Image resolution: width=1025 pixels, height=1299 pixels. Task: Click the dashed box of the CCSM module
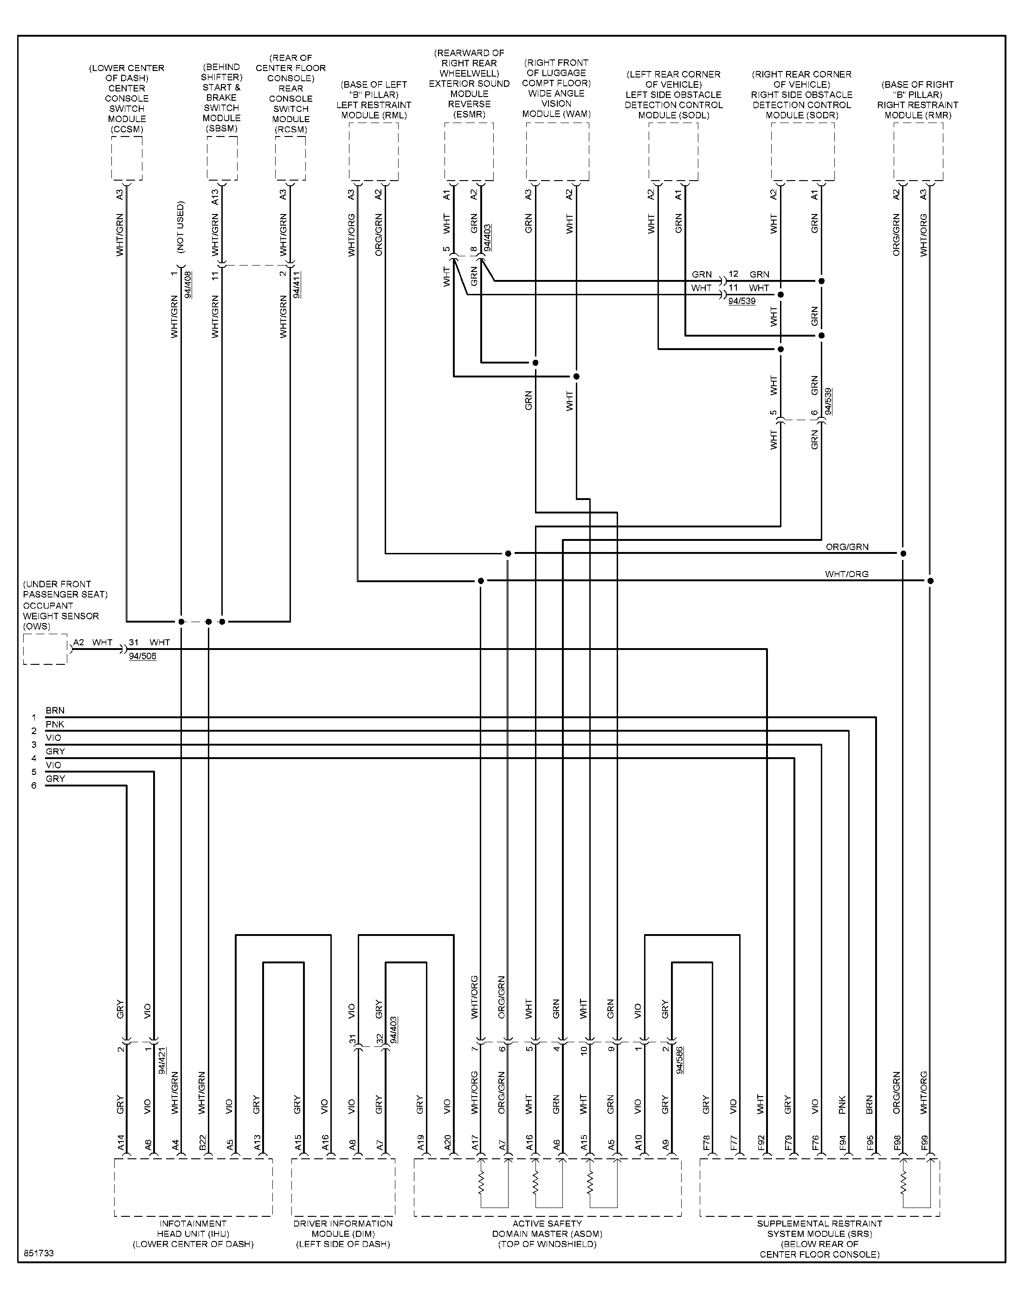(x=127, y=137)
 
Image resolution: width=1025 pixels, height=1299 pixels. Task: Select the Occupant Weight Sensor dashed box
(x=45, y=635)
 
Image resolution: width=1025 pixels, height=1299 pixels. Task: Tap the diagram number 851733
(x=39, y=1254)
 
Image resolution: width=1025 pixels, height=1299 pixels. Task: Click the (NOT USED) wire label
(x=181, y=227)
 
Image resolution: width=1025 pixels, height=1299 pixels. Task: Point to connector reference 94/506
(x=143, y=656)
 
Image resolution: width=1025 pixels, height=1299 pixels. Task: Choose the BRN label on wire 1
(x=55, y=711)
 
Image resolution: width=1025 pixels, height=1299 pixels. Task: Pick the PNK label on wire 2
(x=55, y=725)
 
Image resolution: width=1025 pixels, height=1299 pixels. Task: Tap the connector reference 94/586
(x=679, y=1060)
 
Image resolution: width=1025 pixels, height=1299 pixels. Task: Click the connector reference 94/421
(x=162, y=1060)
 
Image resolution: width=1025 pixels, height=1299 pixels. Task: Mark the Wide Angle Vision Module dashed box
(x=557, y=123)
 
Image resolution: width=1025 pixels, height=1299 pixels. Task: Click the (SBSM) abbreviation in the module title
(x=221, y=129)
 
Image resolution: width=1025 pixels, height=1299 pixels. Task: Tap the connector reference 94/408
(x=188, y=285)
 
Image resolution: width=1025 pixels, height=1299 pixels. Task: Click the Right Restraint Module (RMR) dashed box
(x=918, y=123)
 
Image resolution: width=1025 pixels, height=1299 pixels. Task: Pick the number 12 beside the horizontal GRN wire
(x=733, y=274)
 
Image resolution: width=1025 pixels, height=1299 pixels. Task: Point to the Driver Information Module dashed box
(x=343, y=1159)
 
